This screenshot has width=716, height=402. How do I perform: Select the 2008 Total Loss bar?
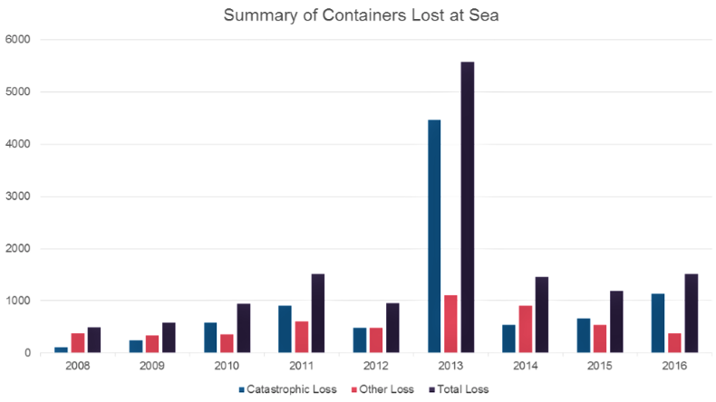tap(95, 340)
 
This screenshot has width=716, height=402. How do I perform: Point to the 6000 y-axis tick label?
tap(18, 40)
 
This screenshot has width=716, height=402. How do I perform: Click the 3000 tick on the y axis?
tap(18, 196)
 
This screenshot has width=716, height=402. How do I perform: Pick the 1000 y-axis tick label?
tap(18, 301)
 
